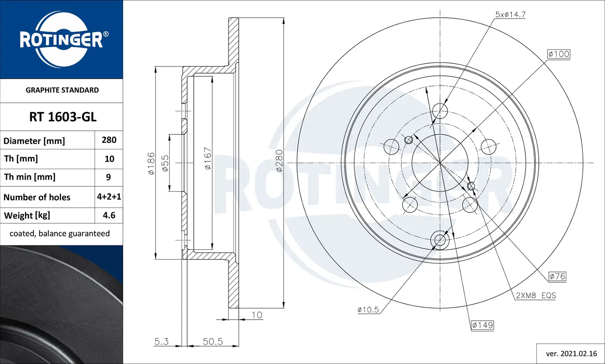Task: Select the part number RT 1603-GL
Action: pyautogui.click(x=63, y=117)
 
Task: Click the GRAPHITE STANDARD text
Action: pyautogui.click(x=62, y=90)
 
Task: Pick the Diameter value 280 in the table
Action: pyautogui.click(x=109, y=140)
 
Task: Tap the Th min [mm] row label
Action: pyautogui.click(x=30, y=177)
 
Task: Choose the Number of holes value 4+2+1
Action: pyautogui.click(x=109, y=197)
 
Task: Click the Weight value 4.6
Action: pyautogui.click(x=109, y=215)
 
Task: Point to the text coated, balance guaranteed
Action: pyautogui.click(x=60, y=234)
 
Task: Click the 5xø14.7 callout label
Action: pyautogui.click(x=510, y=15)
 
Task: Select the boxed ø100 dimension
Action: pyautogui.click(x=559, y=54)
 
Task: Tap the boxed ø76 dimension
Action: pyautogui.click(x=557, y=276)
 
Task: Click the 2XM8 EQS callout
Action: pyautogui.click(x=536, y=295)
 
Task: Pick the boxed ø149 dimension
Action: pyautogui.click(x=482, y=325)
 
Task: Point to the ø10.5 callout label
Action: pyautogui.click(x=368, y=310)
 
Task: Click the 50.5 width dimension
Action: pyautogui.click(x=213, y=341)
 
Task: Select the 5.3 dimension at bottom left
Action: pyautogui.click(x=161, y=341)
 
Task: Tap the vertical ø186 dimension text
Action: pyautogui.click(x=151, y=163)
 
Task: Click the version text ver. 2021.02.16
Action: pyautogui.click(x=571, y=354)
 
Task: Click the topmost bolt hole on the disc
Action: pyautogui.click(x=440, y=111)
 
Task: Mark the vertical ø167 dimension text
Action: pyautogui.click(x=208, y=158)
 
